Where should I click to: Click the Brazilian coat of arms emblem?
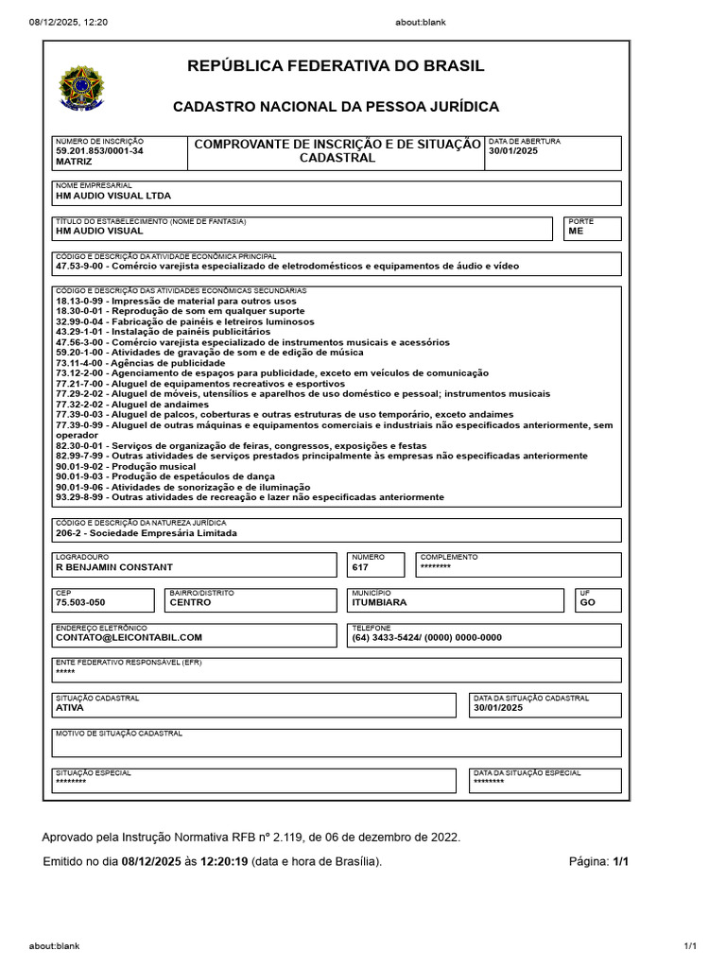[x=82, y=88]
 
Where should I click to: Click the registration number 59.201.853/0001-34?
[x=99, y=150]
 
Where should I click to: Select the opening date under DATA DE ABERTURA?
[x=513, y=151]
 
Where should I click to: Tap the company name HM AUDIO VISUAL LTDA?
[x=113, y=196]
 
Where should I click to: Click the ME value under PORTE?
[x=576, y=231]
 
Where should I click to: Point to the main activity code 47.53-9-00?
[x=83, y=267]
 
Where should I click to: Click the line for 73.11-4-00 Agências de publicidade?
[x=140, y=363]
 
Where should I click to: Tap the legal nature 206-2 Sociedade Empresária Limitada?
[x=147, y=533]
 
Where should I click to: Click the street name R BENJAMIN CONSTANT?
[x=114, y=567]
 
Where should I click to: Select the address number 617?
[x=360, y=567]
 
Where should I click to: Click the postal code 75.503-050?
[x=80, y=602]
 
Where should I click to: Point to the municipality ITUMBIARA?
[x=379, y=602]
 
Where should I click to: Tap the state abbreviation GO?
[x=587, y=602]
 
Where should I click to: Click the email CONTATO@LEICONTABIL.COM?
[x=129, y=637]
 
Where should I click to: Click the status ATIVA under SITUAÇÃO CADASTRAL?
[x=70, y=707]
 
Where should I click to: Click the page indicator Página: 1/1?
[x=598, y=861]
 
